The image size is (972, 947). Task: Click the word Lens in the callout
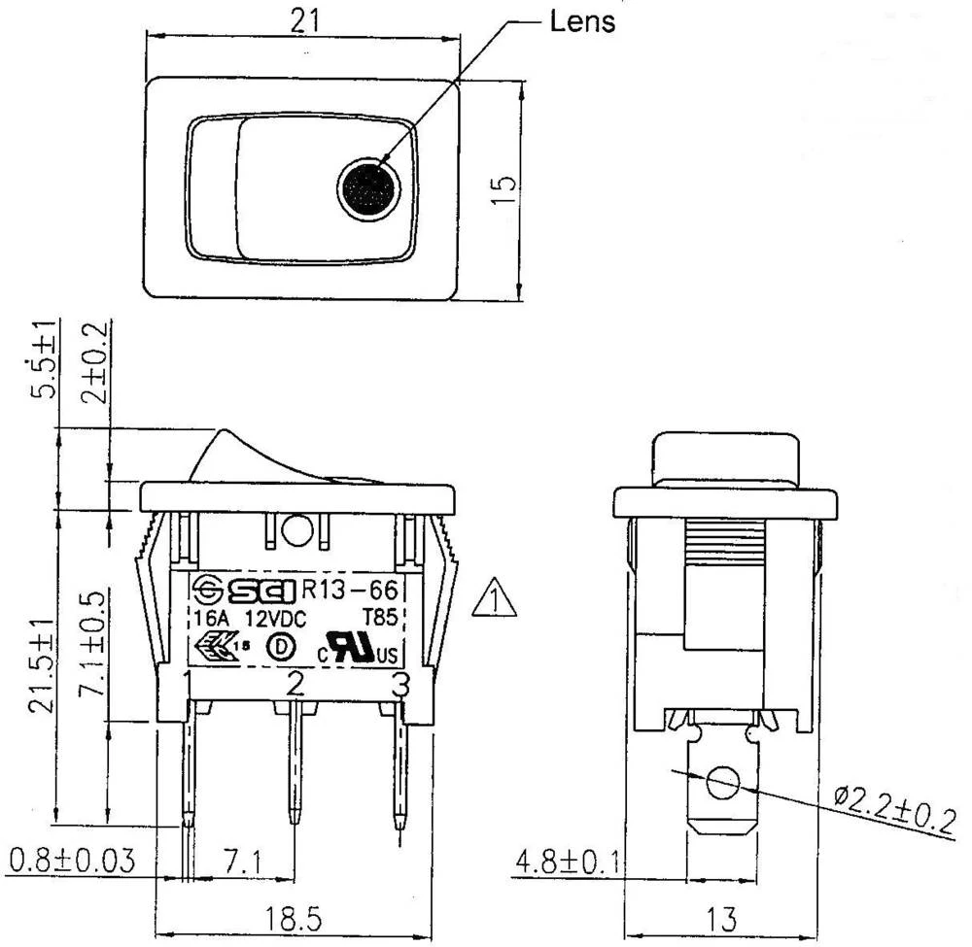tap(582, 21)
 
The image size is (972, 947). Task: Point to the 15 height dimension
tap(503, 188)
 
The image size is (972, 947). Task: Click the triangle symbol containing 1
tap(495, 599)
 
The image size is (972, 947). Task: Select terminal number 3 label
tap(399, 686)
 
